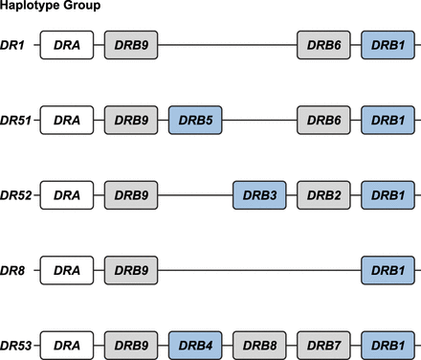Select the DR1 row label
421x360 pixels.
click(15, 45)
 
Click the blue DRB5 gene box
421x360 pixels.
click(195, 121)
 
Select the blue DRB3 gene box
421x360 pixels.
click(260, 195)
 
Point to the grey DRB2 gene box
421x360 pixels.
click(324, 195)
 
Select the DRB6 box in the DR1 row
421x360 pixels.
click(324, 45)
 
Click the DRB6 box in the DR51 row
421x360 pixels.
click(324, 121)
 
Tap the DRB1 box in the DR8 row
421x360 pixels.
click(388, 271)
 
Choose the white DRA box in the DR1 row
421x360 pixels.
click(66, 45)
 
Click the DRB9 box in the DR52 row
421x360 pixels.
click(131, 195)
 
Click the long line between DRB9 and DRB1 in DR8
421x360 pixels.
click(258, 271)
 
